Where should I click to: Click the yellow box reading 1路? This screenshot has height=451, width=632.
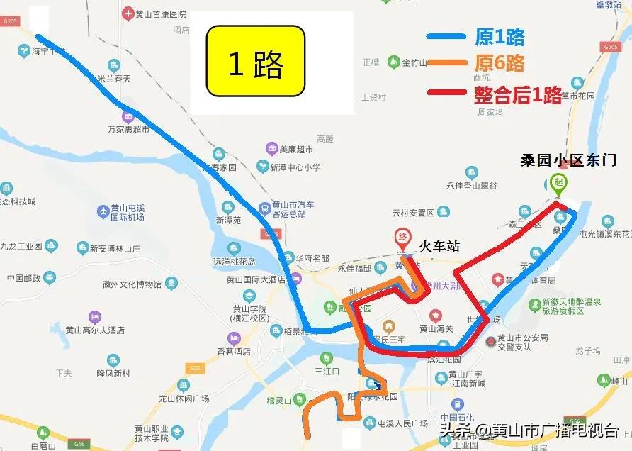tap(255, 62)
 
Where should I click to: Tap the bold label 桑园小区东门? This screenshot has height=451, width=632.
tap(569, 160)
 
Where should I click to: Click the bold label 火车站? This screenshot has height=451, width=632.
tap(439, 246)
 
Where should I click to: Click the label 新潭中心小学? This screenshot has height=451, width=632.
tap(294, 167)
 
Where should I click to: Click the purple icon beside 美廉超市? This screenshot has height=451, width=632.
tap(271, 149)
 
